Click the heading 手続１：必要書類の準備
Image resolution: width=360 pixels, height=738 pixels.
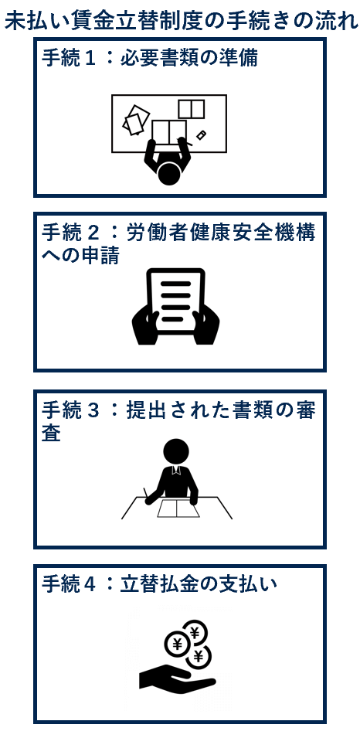150,59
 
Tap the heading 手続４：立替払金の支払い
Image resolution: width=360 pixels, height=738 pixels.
159,584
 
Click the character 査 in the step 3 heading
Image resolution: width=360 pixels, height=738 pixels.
51,434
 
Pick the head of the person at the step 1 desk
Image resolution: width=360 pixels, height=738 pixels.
169,173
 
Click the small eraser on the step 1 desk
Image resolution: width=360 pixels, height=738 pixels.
202,135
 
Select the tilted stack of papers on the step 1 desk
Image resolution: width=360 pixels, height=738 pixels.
136,119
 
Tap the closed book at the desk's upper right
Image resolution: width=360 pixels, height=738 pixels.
191,109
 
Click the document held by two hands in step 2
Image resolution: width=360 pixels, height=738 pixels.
175,301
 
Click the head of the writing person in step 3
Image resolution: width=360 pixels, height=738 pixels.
176,451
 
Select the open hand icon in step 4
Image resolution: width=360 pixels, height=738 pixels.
176,678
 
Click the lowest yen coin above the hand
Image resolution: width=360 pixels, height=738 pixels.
198,655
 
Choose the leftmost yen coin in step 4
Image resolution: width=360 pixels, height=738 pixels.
177,644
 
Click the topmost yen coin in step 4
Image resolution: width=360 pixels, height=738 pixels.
195,631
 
